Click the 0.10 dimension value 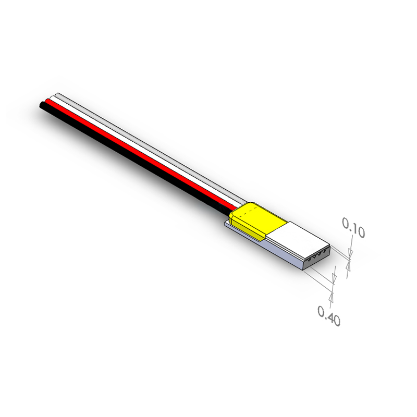tap(353, 228)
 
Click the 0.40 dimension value tap(329, 316)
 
